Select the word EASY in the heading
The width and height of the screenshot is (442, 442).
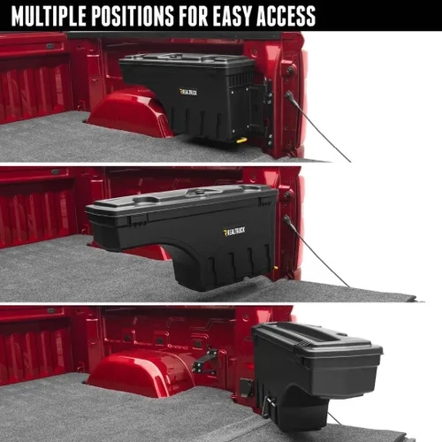(x=243, y=16)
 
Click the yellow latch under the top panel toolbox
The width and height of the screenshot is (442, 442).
(x=240, y=139)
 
